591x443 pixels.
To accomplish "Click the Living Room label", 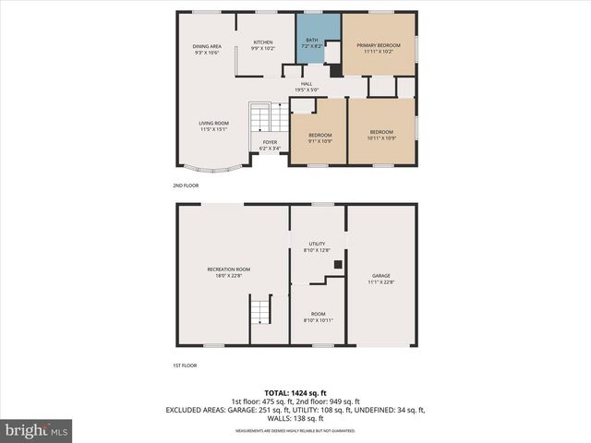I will tap(214, 126).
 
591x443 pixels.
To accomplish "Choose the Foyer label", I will tap(270, 145).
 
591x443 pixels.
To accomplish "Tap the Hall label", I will tap(307, 86).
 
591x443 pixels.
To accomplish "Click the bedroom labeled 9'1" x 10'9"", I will tap(320, 138).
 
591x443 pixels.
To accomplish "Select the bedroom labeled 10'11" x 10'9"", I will tap(381, 135).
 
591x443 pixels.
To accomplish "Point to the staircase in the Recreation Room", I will tap(261, 309).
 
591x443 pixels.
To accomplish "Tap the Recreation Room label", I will tap(228, 271).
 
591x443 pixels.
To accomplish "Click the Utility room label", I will tap(317, 246).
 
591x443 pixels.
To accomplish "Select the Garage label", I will tap(381, 278).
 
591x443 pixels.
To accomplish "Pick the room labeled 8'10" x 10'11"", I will tap(317, 317).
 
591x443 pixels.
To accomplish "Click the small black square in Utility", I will tap(337, 264).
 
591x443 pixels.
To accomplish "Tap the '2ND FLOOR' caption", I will tap(186, 186).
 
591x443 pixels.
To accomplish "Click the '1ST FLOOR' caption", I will tap(185, 365).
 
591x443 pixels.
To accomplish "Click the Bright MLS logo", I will tap(37, 430).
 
